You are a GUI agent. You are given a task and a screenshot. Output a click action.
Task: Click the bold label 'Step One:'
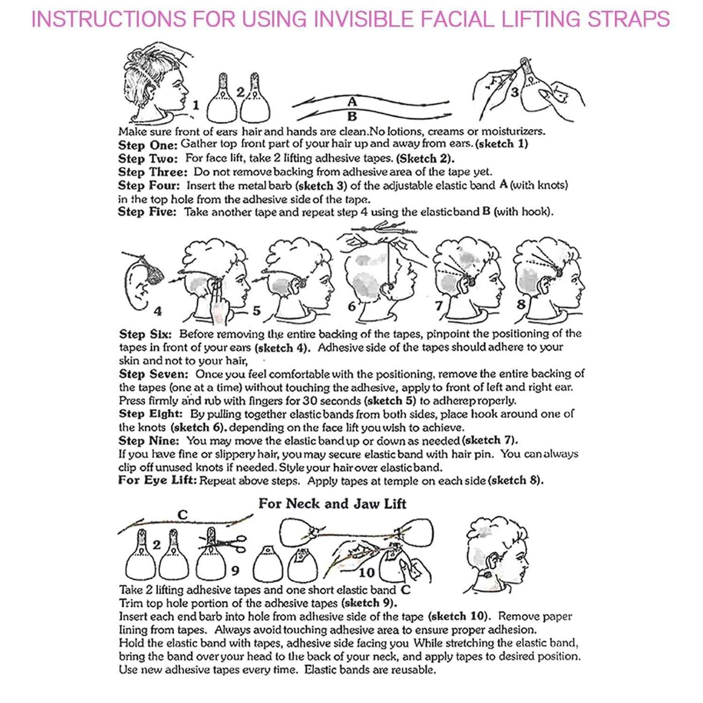click(x=147, y=145)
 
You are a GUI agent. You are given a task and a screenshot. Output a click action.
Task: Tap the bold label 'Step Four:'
click(x=148, y=185)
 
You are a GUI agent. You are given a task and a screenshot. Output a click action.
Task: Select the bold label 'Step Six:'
click(x=145, y=334)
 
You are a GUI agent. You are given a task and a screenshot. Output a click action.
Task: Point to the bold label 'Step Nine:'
click(x=148, y=441)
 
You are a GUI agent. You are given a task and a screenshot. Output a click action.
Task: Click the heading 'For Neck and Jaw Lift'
click(x=332, y=504)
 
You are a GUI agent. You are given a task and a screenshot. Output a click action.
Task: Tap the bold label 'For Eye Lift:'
click(x=157, y=481)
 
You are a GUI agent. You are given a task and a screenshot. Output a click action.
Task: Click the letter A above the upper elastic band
click(x=352, y=102)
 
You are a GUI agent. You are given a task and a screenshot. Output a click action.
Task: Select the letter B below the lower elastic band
click(x=352, y=117)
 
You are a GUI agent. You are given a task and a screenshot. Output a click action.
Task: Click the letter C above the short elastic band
click(x=182, y=515)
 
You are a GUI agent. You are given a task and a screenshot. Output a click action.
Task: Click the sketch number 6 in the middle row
click(x=351, y=306)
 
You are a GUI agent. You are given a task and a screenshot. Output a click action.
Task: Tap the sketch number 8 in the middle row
click(x=521, y=305)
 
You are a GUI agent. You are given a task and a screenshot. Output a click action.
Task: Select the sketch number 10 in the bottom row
click(x=366, y=573)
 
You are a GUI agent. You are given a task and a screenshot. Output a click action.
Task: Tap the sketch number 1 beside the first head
click(x=196, y=105)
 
